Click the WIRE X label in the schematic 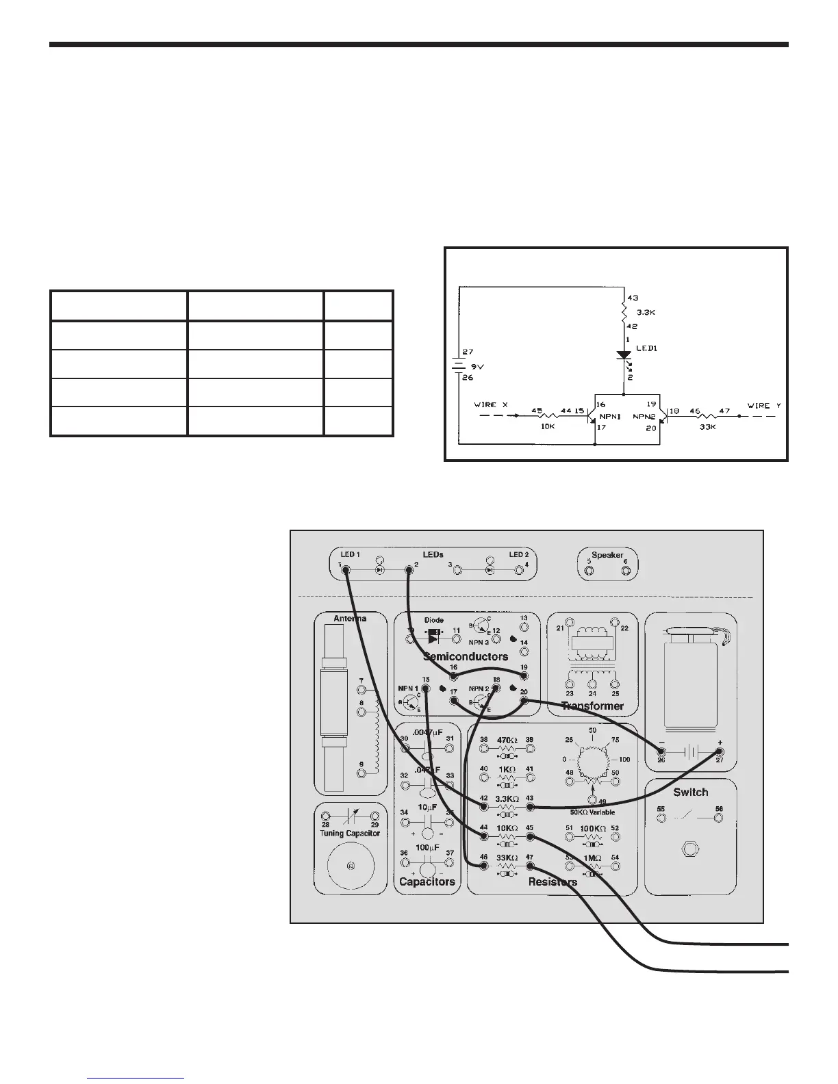click(x=491, y=404)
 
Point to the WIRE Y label click(x=763, y=405)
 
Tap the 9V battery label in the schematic click(x=477, y=365)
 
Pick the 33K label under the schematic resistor click(x=708, y=426)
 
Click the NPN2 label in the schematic click(x=645, y=415)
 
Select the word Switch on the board click(x=690, y=792)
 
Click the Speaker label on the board click(x=607, y=555)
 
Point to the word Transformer click(x=592, y=706)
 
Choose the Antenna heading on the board click(x=350, y=618)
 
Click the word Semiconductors click(x=466, y=656)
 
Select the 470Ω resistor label click(x=507, y=740)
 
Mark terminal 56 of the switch click(x=719, y=818)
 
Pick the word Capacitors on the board click(x=427, y=881)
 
